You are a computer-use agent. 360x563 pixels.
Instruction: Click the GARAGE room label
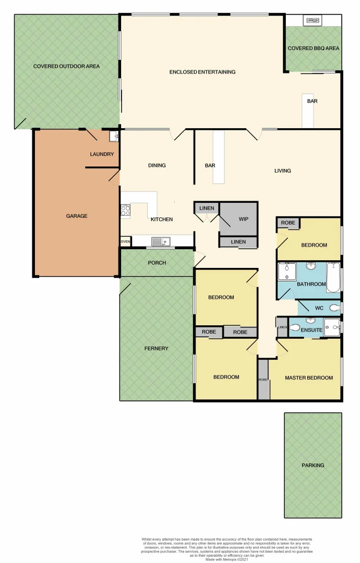click(77, 216)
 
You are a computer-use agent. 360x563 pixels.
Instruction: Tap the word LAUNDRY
click(102, 154)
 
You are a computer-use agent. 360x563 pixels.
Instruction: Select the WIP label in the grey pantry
click(243, 219)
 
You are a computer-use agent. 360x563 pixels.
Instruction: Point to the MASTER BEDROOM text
click(308, 378)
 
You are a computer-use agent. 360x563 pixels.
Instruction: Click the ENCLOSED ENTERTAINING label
click(202, 72)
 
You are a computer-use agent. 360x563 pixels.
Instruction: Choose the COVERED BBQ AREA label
click(314, 48)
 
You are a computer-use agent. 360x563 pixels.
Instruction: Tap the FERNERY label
click(157, 348)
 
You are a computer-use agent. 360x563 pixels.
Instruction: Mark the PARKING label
click(313, 465)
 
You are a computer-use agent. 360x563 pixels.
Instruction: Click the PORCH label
click(157, 263)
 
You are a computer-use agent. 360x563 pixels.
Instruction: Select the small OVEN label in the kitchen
click(125, 242)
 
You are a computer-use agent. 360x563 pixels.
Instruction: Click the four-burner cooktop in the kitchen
click(126, 211)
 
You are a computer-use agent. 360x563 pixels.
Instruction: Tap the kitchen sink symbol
click(160, 241)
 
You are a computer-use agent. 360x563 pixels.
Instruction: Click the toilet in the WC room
click(334, 308)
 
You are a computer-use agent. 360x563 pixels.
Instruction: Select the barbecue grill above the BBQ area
click(314, 20)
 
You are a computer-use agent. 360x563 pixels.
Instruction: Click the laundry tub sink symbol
click(114, 137)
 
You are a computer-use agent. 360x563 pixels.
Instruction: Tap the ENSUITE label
click(312, 329)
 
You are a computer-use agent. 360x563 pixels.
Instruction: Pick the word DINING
click(157, 165)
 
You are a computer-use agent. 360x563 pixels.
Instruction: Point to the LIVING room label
click(283, 170)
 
